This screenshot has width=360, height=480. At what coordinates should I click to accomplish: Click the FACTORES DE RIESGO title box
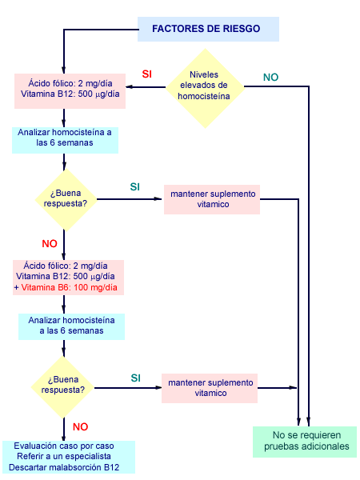pyautogui.click(x=206, y=29)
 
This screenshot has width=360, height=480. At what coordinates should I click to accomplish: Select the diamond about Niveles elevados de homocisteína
pyautogui.click(x=204, y=86)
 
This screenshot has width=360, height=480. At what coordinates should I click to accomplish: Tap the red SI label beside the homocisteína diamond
pyautogui.click(x=147, y=74)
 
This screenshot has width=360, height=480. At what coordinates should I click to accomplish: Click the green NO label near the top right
pyautogui.click(x=271, y=78)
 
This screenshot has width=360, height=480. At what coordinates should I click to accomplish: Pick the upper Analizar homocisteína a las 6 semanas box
pyautogui.click(x=65, y=138)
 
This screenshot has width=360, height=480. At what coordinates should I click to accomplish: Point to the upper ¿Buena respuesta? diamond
pyautogui.click(x=63, y=197)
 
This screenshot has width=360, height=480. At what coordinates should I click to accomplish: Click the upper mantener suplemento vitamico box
pyautogui.click(x=212, y=198)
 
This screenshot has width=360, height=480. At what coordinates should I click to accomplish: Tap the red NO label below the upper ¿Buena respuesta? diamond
pyautogui.click(x=50, y=242)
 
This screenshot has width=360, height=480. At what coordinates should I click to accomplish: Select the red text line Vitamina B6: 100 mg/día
pyautogui.click(x=70, y=286)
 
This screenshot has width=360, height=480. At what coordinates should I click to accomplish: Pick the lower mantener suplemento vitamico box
pyautogui.click(x=210, y=387)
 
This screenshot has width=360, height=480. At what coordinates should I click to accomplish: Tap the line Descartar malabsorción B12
pyautogui.click(x=67, y=467)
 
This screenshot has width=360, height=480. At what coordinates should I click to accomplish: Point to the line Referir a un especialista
pyautogui.click(x=67, y=457)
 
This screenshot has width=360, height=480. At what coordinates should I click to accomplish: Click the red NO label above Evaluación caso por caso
pyautogui.click(x=80, y=426)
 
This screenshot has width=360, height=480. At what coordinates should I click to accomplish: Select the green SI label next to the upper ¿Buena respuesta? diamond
pyautogui.click(x=135, y=187)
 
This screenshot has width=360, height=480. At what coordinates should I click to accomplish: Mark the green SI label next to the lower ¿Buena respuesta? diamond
pyautogui.click(x=136, y=377)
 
